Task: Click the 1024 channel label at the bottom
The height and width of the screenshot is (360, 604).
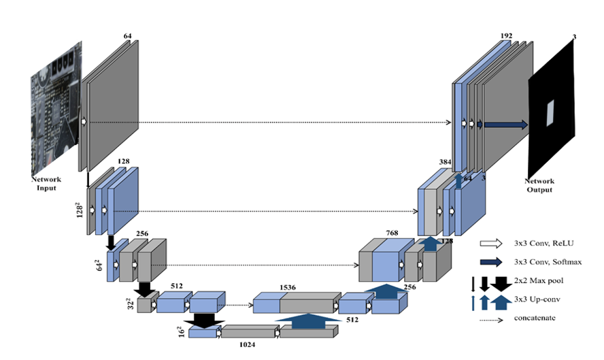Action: coord(246,345)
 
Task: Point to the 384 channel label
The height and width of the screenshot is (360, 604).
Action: coord(446,163)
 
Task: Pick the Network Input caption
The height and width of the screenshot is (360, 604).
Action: coord(46,183)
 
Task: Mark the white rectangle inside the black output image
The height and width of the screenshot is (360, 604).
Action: coord(550,109)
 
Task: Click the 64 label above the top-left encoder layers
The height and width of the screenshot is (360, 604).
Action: coord(128,35)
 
